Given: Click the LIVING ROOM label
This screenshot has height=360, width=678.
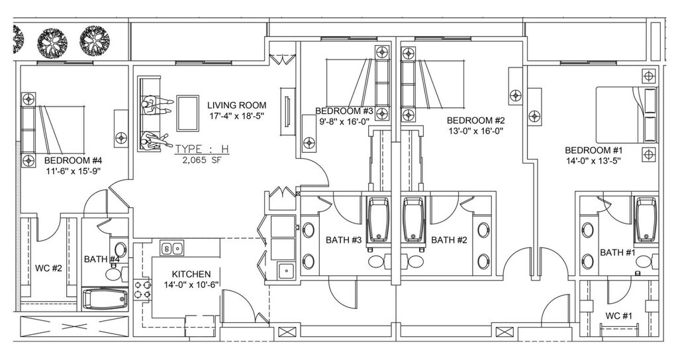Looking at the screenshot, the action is pos(236,105).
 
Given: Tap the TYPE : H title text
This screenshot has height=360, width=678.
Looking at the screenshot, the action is pos(202,149).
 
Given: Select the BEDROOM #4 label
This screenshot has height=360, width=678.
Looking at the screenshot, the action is pos(73,161).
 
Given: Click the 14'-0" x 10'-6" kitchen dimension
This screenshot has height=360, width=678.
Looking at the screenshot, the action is pos(191,285).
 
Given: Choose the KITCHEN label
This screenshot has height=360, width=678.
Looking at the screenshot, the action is pos(191,274).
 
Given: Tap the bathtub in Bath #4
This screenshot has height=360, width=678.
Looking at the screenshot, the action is pos(105,299).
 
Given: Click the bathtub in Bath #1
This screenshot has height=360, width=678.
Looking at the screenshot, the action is pos(646,220).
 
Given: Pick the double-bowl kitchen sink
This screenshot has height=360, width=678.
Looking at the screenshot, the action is pos(171,248).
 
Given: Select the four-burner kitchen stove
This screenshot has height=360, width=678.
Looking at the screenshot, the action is pos(143,289).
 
